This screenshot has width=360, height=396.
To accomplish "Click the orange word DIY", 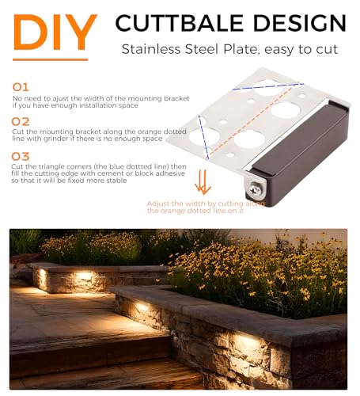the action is click(55, 32).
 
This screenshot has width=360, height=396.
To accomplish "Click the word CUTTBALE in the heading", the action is click(180, 23).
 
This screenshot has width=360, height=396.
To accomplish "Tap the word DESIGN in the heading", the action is click(299, 23).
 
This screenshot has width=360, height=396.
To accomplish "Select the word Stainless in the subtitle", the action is click(151, 49).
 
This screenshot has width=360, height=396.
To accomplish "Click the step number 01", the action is click(21, 87).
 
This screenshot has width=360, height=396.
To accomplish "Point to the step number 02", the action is click(21, 122).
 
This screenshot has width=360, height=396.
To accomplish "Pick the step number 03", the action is click(21, 156).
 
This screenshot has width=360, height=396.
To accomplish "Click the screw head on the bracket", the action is click(255, 188).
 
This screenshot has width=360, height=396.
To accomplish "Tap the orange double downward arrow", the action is click(203, 182).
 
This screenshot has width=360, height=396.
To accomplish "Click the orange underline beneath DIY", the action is click(50, 59).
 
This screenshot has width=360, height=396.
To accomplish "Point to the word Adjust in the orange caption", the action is click(158, 204).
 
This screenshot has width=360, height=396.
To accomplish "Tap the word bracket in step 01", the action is click(176, 99).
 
